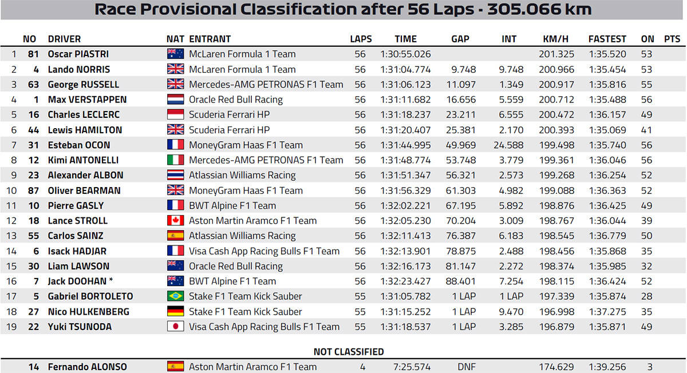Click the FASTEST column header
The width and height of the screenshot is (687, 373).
point(607,39)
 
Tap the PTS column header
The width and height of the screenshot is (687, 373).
point(672,39)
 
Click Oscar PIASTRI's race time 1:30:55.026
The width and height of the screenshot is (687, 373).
point(405,54)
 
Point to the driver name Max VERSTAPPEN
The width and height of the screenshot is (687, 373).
point(88,100)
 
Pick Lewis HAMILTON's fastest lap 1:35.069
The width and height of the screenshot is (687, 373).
point(607,130)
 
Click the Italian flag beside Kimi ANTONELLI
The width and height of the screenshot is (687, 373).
point(175,160)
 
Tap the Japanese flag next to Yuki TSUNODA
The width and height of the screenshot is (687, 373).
point(175,327)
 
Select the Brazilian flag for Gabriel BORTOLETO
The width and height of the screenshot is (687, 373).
point(175,296)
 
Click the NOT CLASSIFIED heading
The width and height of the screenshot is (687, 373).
point(349,352)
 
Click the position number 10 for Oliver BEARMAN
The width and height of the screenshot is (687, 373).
point(13,191)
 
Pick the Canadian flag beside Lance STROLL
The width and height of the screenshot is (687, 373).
point(175,221)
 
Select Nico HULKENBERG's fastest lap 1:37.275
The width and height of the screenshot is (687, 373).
point(607,312)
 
